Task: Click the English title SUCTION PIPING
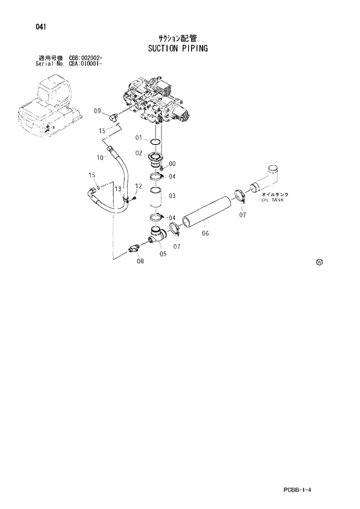tap(174, 48)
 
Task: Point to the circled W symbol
tap(319, 262)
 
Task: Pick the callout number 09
tap(97, 110)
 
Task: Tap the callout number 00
tap(172, 164)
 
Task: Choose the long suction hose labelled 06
tap(207, 212)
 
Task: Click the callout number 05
tap(163, 253)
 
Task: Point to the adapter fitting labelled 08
tap(135, 249)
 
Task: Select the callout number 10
tap(100, 157)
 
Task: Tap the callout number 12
tap(138, 186)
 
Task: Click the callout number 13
tap(117, 189)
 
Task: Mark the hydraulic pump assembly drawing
tap(157, 102)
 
